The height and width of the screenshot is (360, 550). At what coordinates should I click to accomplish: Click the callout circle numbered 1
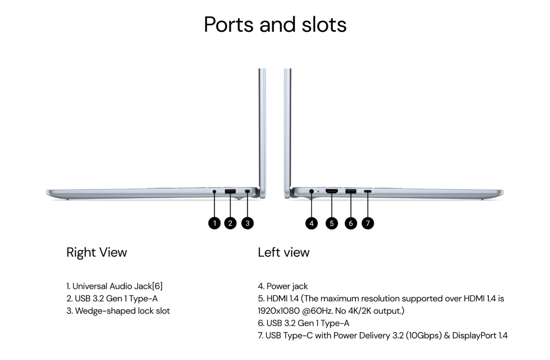pyautogui.click(x=214, y=223)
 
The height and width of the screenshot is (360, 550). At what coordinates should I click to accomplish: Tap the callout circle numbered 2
pyautogui.click(x=230, y=223)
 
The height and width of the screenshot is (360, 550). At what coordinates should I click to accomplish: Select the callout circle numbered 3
pyautogui.click(x=247, y=223)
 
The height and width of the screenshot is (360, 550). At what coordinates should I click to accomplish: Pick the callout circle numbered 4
pyautogui.click(x=312, y=224)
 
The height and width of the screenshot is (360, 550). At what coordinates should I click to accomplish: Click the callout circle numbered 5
pyautogui.click(x=332, y=224)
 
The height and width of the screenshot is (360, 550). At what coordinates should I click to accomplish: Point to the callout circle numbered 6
pyautogui.click(x=351, y=224)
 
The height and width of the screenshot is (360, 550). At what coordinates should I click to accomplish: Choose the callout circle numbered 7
pyautogui.click(x=368, y=224)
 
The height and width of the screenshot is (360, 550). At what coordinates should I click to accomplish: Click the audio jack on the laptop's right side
pyautogui.click(x=214, y=191)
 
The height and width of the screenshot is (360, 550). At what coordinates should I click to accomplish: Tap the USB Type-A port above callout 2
pyautogui.click(x=230, y=191)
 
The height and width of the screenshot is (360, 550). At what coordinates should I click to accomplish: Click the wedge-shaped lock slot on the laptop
pyautogui.click(x=247, y=191)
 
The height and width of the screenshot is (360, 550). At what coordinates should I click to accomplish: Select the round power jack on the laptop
pyautogui.click(x=312, y=191)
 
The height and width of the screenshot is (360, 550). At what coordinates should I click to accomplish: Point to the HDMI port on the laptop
pyautogui.click(x=332, y=191)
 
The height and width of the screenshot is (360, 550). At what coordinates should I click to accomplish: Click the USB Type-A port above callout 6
pyautogui.click(x=351, y=191)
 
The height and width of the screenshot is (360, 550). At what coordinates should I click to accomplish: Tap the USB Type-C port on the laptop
pyautogui.click(x=368, y=191)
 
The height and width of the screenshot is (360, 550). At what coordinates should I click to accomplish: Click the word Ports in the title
pyautogui.click(x=229, y=24)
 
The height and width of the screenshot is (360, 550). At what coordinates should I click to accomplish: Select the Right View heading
pyautogui.click(x=97, y=252)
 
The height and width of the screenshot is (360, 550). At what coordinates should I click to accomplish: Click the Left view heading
pyautogui.click(x=284, y=252)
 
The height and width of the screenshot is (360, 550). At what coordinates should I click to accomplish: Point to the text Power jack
pyautogui.click(x=287, y=286)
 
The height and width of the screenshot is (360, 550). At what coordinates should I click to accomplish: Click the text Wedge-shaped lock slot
pyautogui.click(x=122, y=311)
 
